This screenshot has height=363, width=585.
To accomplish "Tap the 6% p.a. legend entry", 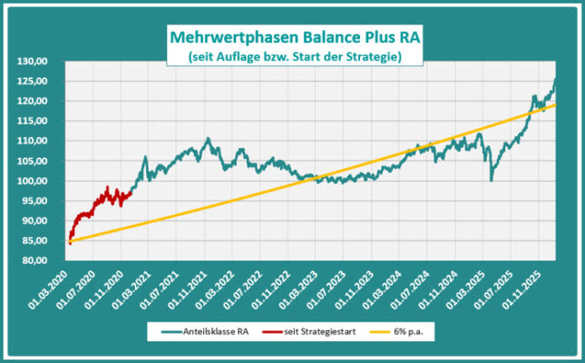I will tap(412, 332).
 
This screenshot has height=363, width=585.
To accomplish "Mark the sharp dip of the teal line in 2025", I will tap(492, 180).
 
